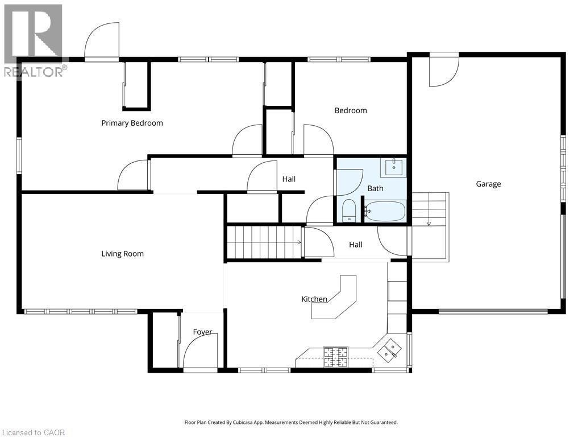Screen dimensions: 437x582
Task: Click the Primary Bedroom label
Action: click(132, 123)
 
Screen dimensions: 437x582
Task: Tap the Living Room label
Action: click(122, 254)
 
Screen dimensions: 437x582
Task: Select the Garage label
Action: click(488, 184)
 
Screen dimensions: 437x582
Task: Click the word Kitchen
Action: click(314, 299)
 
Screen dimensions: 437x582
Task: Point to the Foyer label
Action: click(202, 332)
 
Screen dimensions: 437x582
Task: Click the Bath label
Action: click(375, 188)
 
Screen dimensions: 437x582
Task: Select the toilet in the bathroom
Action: click(349, 211)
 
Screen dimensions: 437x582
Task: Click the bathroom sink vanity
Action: click(393, 167)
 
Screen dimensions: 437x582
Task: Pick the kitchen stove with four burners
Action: click(335, 356)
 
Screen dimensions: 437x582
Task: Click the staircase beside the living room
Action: click(264, 242)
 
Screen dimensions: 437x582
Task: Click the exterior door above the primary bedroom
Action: click(102, 41)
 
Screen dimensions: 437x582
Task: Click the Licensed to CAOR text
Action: click(33, 432)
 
